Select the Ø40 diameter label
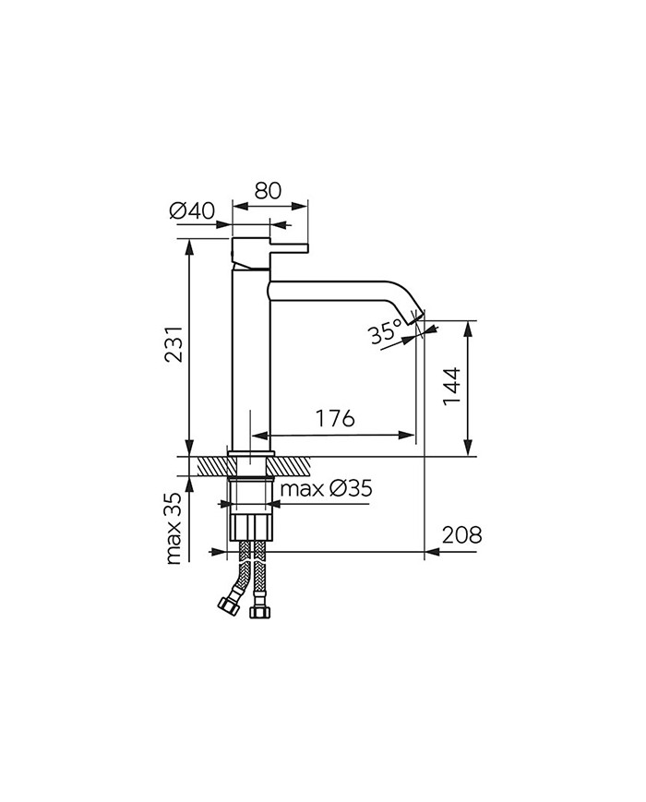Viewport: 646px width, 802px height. coord(192,211)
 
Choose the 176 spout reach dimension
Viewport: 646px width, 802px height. coord(334,418)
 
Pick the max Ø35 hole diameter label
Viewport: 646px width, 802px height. coord(326,488)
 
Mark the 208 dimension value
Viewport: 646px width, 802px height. coord(462,534)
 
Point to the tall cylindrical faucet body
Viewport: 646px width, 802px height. coord(250,360)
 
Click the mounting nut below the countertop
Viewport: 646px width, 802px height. coord(251,527)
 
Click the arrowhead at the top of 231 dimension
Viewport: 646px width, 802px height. coord(189,245)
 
